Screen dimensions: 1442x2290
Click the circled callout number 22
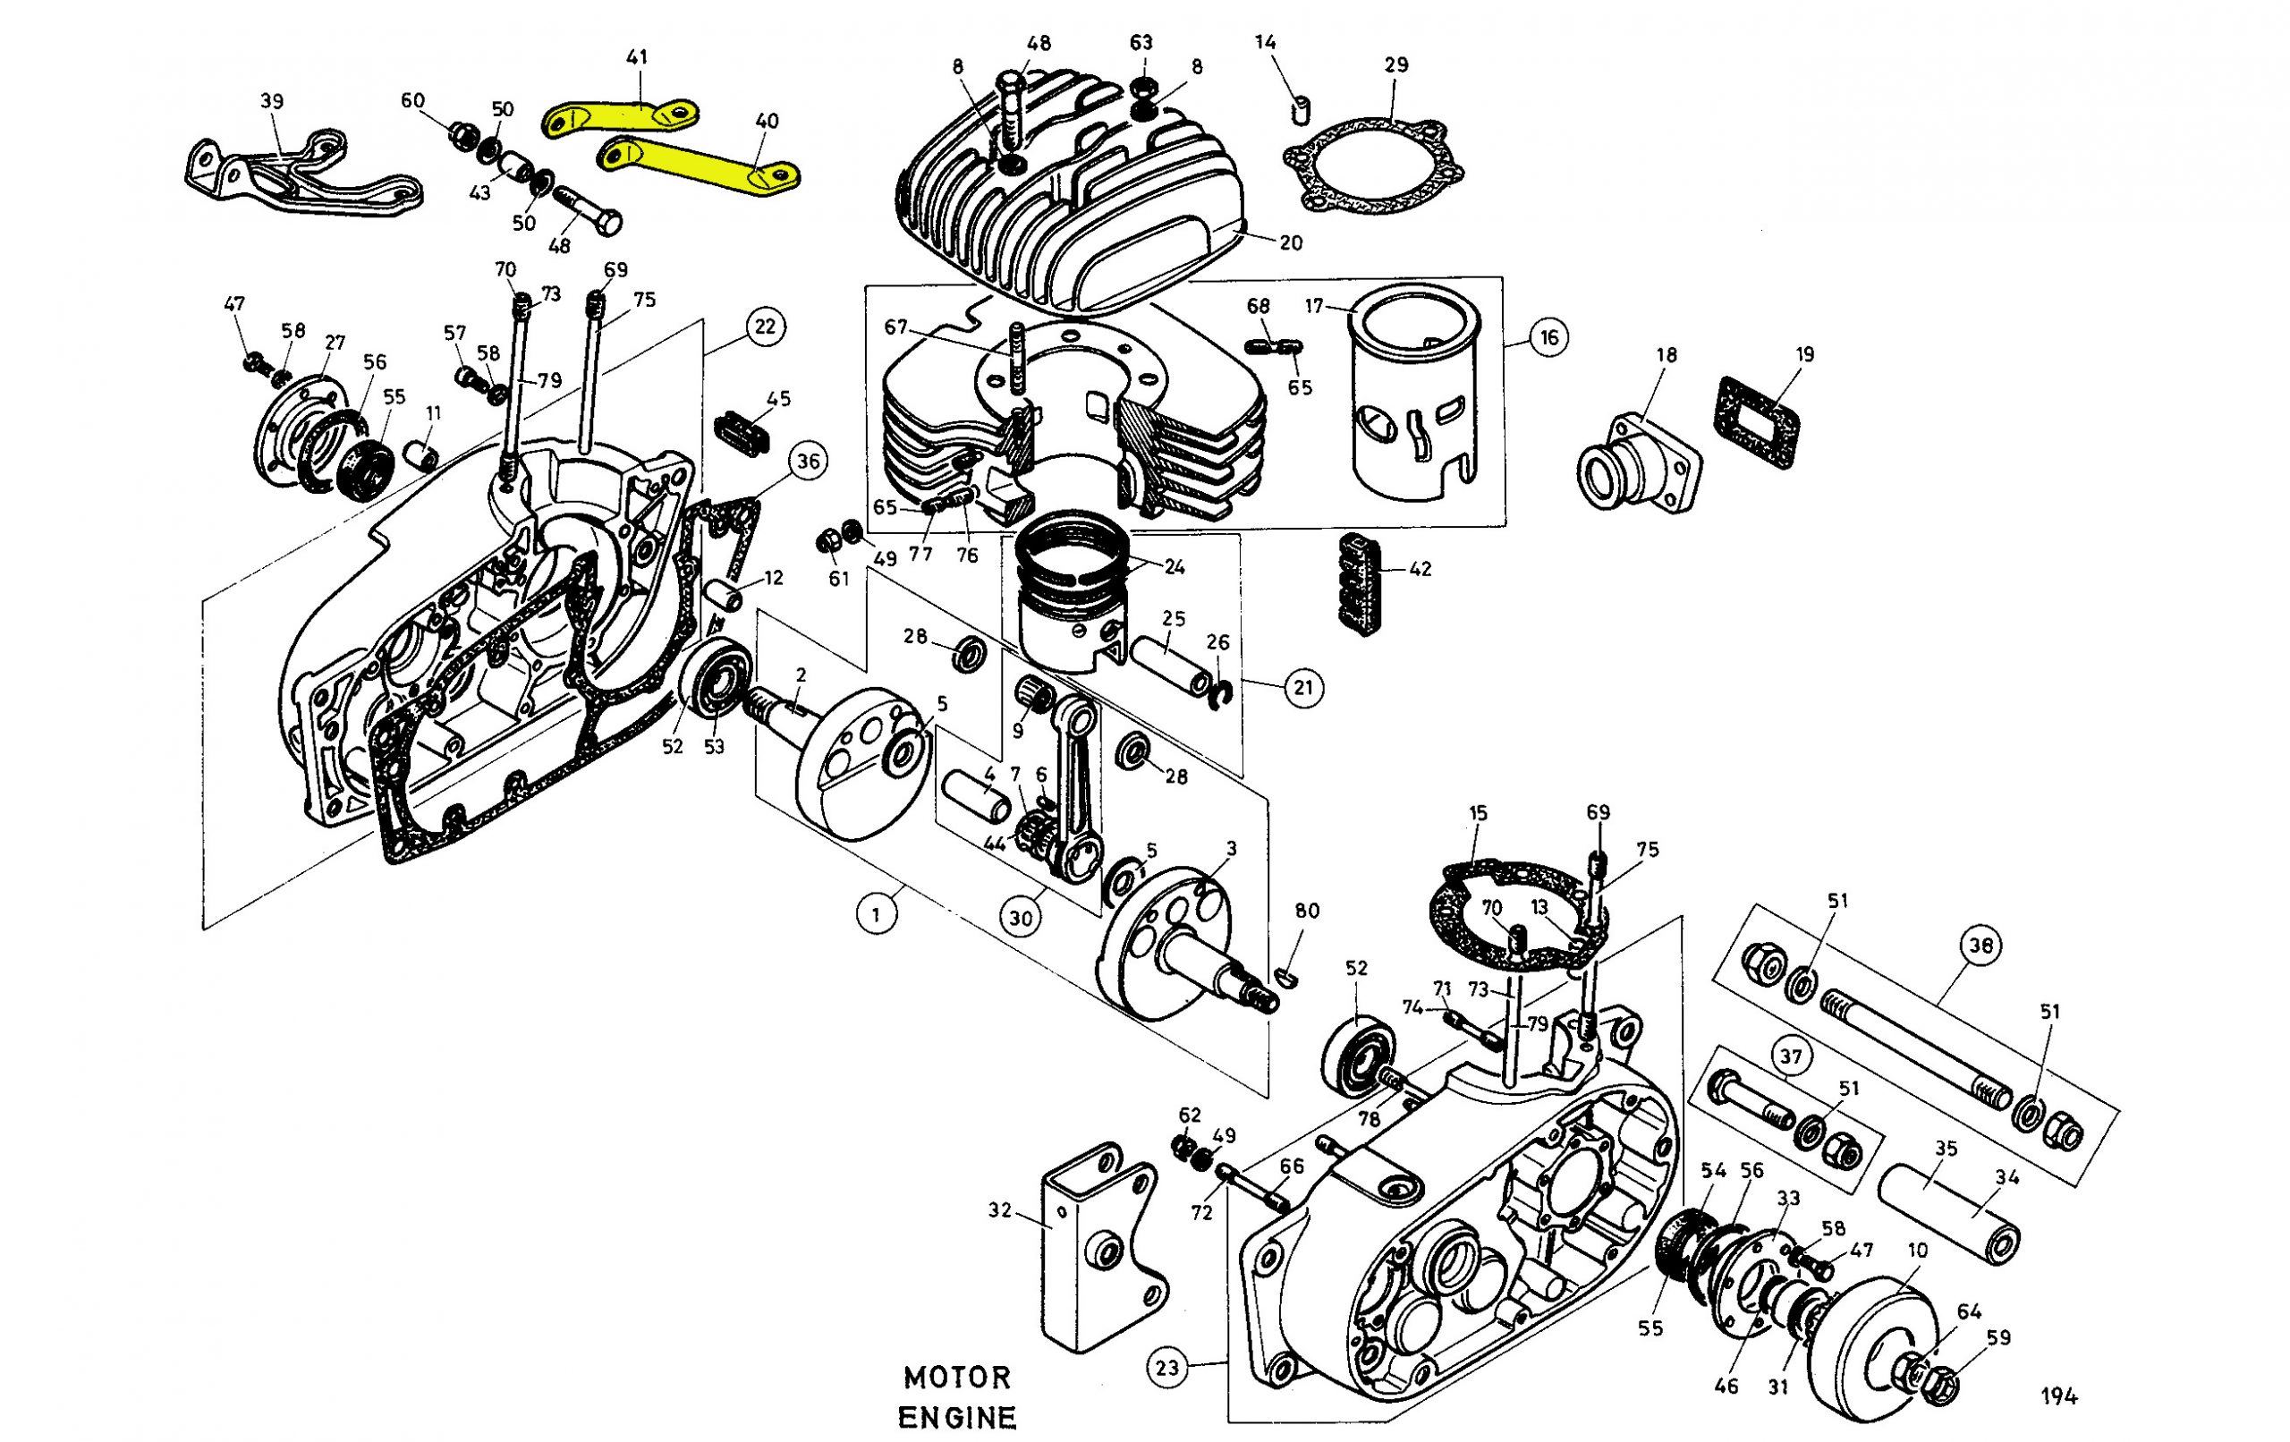pos(765,327)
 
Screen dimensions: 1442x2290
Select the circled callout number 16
pos(1549,336)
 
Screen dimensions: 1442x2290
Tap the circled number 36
pos(808,462)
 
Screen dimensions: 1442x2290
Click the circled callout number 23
pos(1166,1368)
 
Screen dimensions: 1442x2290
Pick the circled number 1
pos(876,915)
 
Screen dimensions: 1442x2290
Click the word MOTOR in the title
pos(957,1378)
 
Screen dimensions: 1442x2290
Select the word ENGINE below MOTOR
pos(957,1417)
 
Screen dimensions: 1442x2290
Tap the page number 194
pos(2059,1396)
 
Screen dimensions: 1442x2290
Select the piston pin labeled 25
pos(1170,662)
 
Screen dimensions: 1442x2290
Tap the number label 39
pos(272,102)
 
